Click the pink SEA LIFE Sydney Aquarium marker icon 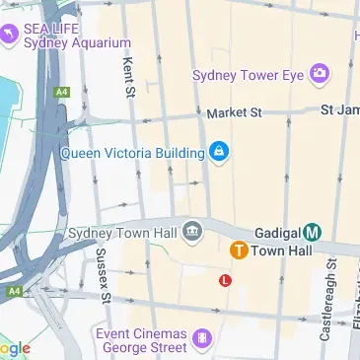point(9,35)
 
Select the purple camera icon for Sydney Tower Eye point(319,73)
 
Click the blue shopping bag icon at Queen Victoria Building point(219,152)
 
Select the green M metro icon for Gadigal point(312,233)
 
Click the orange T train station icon point(238,251)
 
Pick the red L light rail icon point(226,280)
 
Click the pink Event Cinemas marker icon point(202,340)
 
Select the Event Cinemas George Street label point(143,340)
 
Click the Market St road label point(234,112)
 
